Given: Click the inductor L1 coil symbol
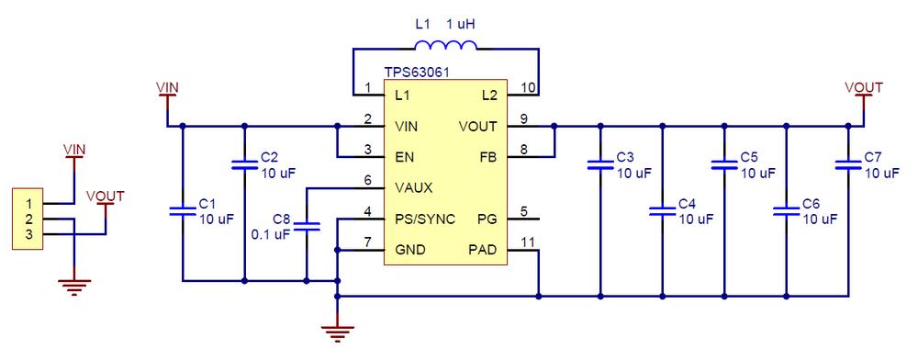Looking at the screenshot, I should click(x=444, y=48).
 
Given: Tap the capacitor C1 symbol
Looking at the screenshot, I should click(x=183, y=211).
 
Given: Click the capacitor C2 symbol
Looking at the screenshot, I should click(x=244, y=165).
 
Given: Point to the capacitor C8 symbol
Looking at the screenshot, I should click(x=306, y=226).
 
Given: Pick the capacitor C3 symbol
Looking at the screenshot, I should click(x=599, y=165).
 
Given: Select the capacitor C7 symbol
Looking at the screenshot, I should click(x=846, y=165).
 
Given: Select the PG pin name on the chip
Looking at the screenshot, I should click(x=487, y=219).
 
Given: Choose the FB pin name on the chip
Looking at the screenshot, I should click(x=487, y=157).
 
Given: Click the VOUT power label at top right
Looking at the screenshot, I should click(x=863, y=87).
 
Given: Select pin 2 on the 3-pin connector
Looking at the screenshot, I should click(x=29, y=219).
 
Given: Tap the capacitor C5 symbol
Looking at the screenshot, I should click(x=723, y=165).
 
